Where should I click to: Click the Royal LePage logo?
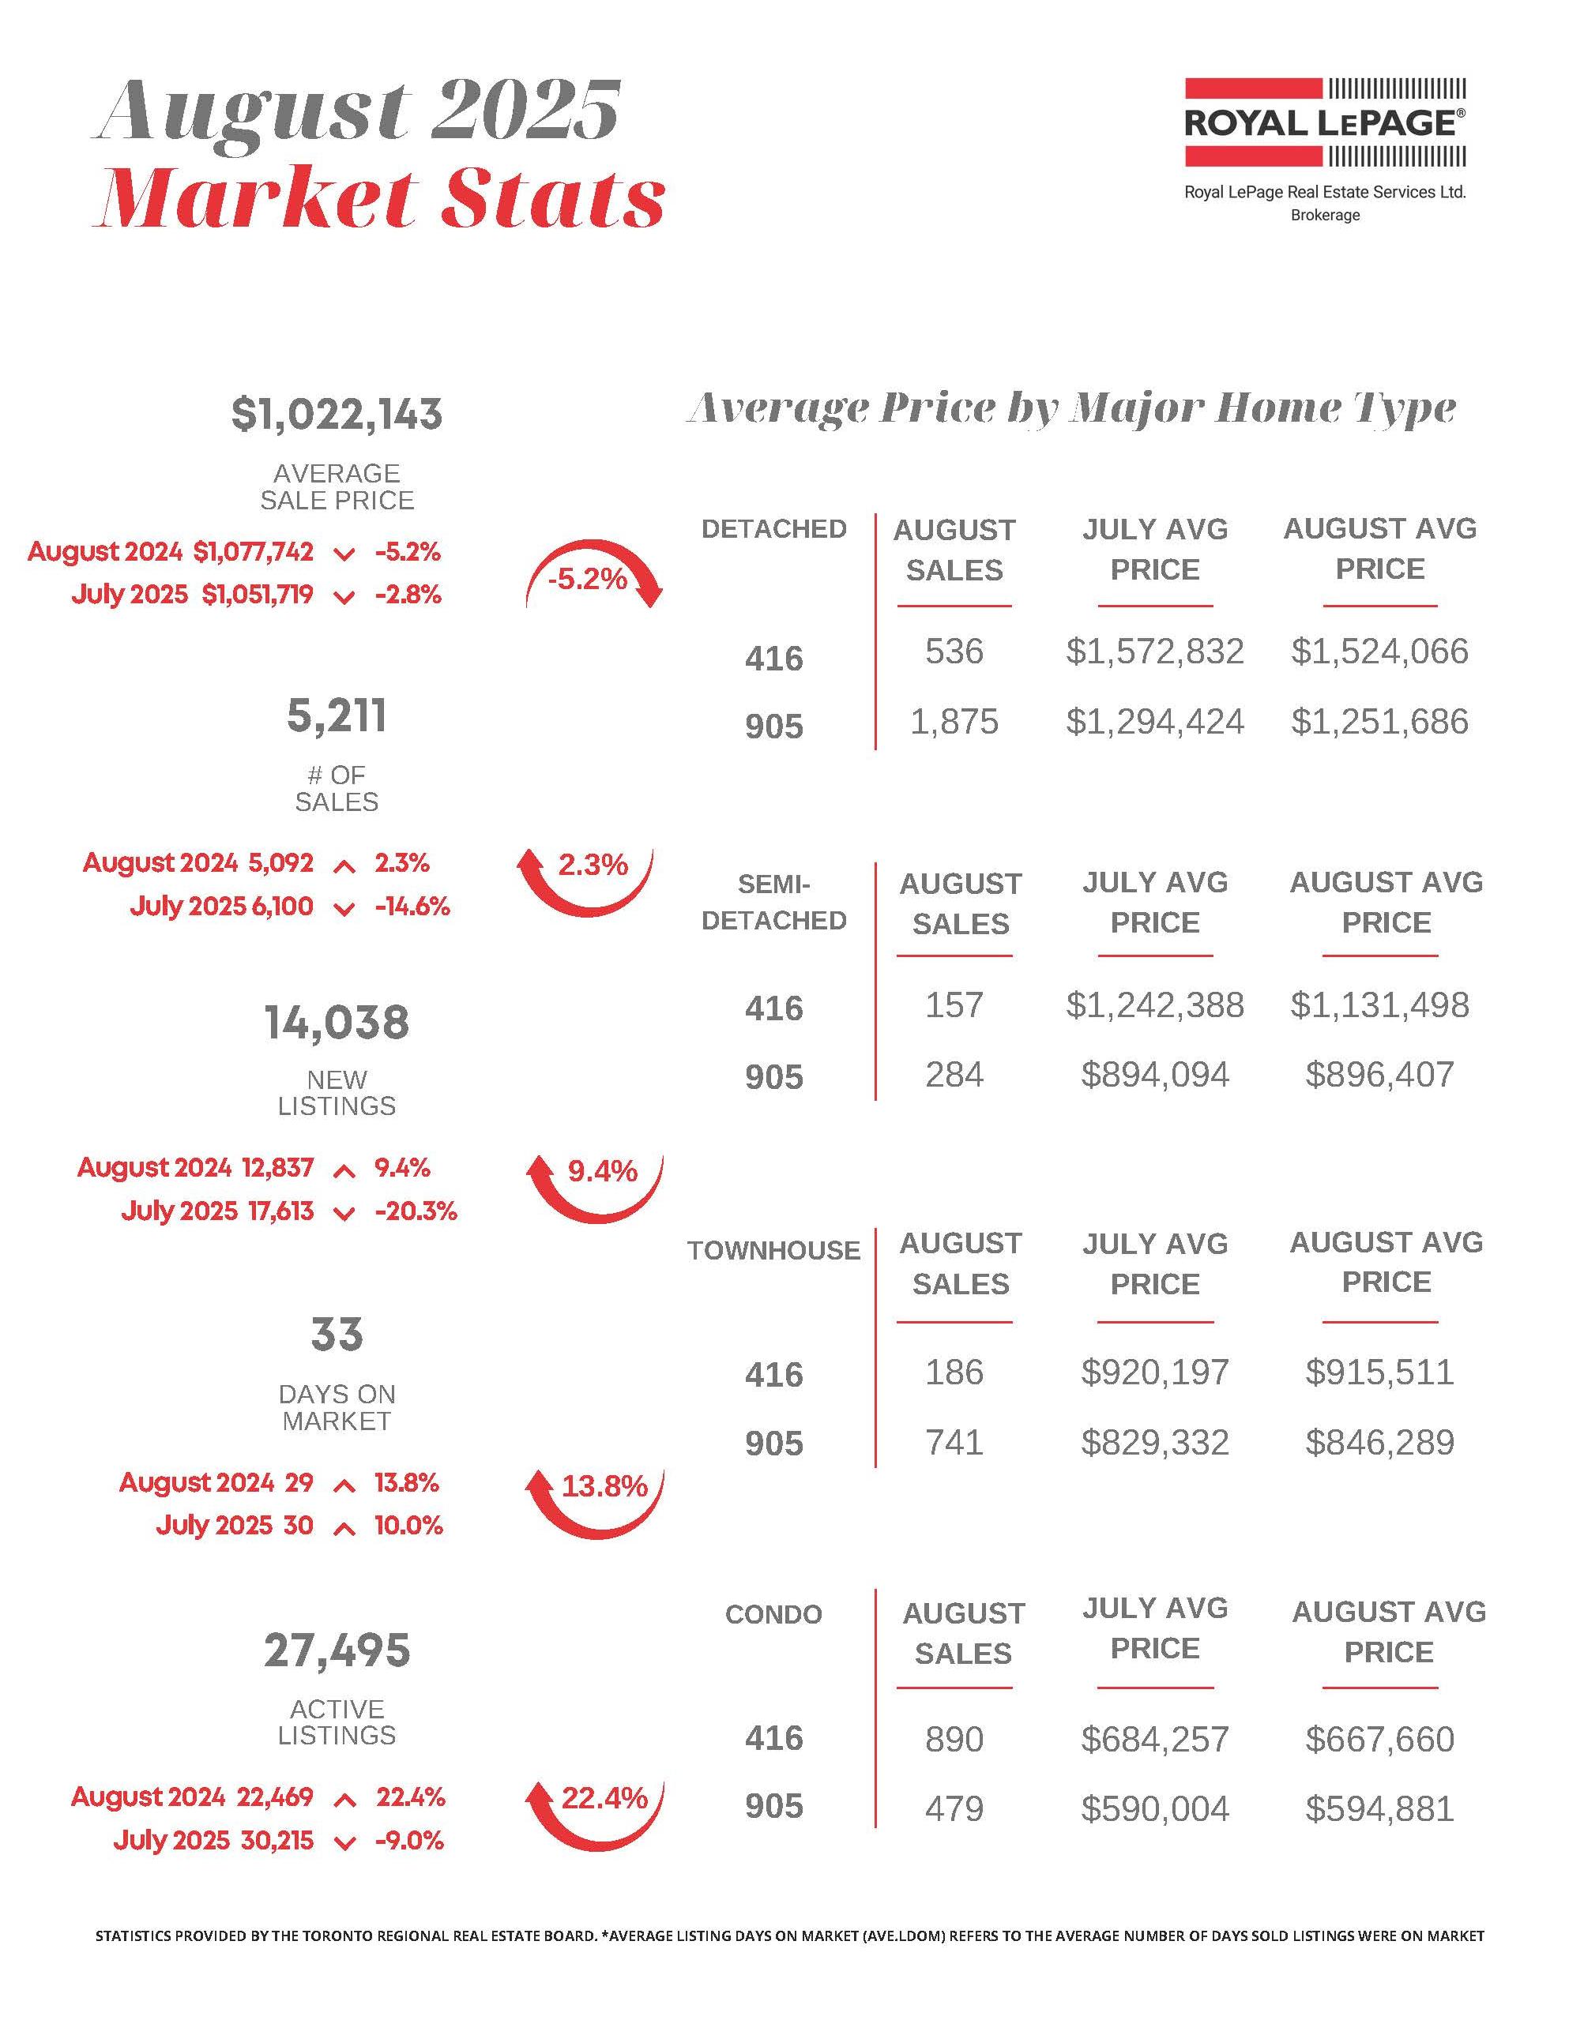[1325, 122]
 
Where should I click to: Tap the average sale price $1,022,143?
[337, 415]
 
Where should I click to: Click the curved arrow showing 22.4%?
[593, 1814]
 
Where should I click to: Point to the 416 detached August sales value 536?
[954, 651]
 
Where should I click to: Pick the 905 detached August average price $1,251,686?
[1379, 722]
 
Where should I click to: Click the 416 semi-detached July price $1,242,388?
[1154, 1004]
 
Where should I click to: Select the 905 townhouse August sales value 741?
[954, 1442]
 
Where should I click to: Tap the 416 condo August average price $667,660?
[1379, 1739]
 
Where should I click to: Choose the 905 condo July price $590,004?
[1154, 1808]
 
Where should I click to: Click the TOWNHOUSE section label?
[773, 1251]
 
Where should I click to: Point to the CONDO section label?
[773, 1615]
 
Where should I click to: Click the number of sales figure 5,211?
[337, 717]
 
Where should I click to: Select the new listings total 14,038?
[337, 1023]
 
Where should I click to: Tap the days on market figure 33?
[337, 1335]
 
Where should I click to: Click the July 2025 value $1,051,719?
[258, 594]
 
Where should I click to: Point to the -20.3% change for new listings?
[416, 1211]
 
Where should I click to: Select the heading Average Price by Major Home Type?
[1071, 408]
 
